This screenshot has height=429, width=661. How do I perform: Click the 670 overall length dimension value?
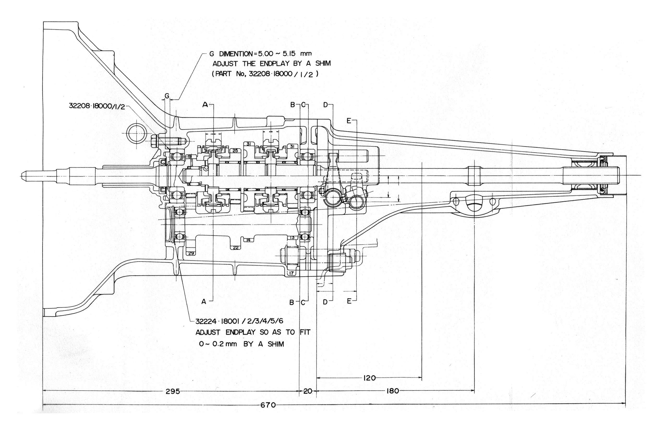coord(268,405)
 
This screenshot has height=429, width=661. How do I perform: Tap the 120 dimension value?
coord(369,378)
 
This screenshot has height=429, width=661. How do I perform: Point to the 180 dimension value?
coord(393,391)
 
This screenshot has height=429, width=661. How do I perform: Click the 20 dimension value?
coord(308,391)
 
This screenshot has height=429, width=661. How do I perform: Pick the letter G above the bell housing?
coord(167,96)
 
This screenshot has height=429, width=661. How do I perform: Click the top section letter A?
coord(205,105)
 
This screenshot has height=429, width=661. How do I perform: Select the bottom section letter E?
coord(349,301)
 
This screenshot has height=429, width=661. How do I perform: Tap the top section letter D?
coord(325,105)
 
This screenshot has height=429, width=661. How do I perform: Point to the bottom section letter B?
coord(292,302)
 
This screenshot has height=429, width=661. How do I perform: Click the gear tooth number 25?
coord(235,150)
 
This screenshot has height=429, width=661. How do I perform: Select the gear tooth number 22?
coord(236,247)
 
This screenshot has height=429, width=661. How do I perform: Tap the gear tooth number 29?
coord(191,253)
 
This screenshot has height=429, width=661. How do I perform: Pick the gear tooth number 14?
coord(248,240)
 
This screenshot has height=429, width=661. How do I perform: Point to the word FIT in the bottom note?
coord(305,332)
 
